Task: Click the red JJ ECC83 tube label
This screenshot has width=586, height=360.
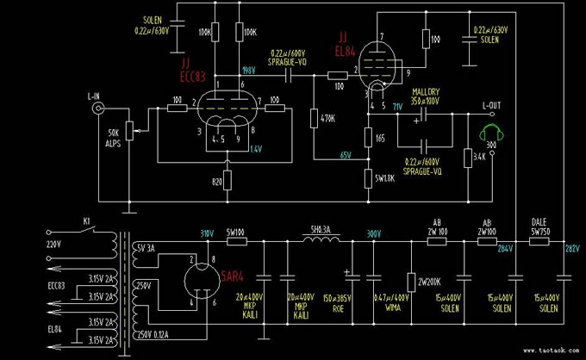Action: coord(192,71)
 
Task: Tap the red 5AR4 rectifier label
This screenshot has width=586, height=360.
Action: coord(233,276)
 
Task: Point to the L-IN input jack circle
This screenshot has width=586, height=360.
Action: coord(99,109)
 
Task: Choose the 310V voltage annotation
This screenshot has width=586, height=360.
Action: coord(207,233)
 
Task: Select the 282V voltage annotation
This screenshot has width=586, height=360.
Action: coord(572,250)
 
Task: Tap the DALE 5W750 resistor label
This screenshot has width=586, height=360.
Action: coord(540,227)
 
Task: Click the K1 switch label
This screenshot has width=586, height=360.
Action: coord(86,221)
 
